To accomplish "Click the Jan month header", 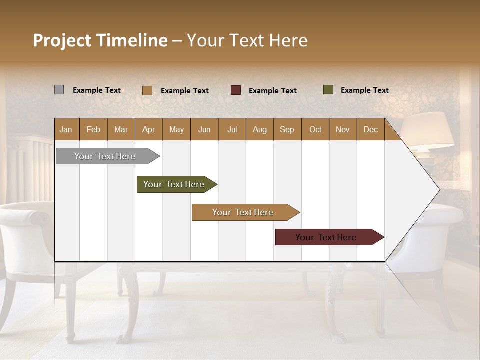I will click(66, 129).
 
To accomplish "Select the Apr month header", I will click(148, 129).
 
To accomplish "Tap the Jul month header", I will click(232, 129).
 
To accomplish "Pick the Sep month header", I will click(287, 129).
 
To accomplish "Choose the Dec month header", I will click(370, 129).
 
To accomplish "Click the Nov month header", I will click(342, 129).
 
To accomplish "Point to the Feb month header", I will click(93, 129).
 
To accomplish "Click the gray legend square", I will click(59, 90).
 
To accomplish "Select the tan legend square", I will click(147, 90).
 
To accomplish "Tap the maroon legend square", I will click(235, 90).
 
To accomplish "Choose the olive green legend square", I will click(328, 90).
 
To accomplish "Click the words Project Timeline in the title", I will click(100, 40).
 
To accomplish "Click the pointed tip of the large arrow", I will click(438, 190).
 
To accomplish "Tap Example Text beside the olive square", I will click(364, 90).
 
